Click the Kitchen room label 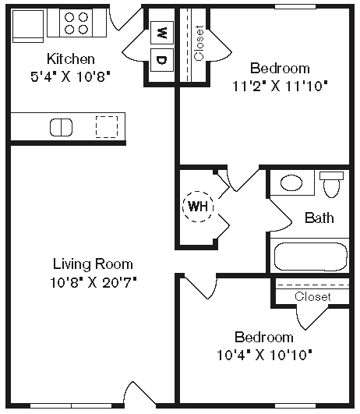(x=71, y=59)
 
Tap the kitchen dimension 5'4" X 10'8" (x=71, y=76)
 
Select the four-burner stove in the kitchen (x=76, y=23)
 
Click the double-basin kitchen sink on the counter (x=62, y=126)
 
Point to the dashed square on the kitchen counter (x=106, y=126)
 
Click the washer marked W (x=162, y=33)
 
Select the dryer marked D (x=162, y=60)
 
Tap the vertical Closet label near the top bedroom (x=199, y=43)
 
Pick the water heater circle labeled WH (x=197, y=207)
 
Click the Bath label (x=319, y=218)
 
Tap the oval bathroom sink (x=292, y=183)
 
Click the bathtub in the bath (x=309, y=256)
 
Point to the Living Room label (x=93, y=264)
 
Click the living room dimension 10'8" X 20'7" (x=93, y=281)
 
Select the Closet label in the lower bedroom (x=312, y=296)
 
